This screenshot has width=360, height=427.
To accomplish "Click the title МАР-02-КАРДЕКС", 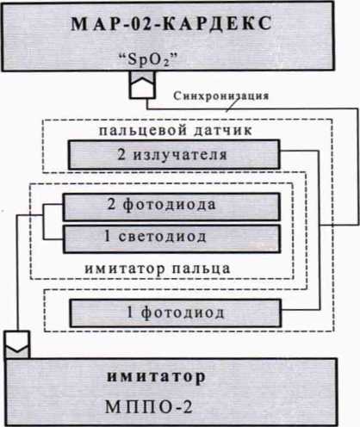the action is click(171, 23).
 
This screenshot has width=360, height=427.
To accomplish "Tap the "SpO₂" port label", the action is click(148, 59).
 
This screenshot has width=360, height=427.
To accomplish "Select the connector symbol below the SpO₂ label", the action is click(142, 85).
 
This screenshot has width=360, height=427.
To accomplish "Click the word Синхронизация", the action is click(221, 96).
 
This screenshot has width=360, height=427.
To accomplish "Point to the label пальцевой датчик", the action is click(176, 130).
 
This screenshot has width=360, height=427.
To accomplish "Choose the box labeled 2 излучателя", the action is click(174, 155).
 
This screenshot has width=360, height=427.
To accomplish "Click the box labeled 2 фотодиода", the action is click(171, 207).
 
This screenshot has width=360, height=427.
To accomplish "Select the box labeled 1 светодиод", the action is click(171, 239).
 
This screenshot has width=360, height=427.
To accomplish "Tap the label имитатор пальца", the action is click(158, 269).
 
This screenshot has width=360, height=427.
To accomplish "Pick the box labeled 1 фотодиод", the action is click(176, 313).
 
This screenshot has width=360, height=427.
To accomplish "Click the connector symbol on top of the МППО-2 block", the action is click(17, 344).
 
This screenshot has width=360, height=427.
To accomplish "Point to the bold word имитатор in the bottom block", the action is click(157, 376).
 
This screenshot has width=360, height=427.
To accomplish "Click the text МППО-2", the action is click(149, 407).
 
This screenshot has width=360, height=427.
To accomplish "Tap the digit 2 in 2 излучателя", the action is click(121, 154).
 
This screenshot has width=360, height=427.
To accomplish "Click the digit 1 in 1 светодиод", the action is click(107, 236).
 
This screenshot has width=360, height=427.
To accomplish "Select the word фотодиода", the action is click(170, 205).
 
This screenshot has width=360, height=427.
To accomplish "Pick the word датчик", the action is click(223, 131).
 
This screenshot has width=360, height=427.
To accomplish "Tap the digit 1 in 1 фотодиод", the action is click(130, 313).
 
